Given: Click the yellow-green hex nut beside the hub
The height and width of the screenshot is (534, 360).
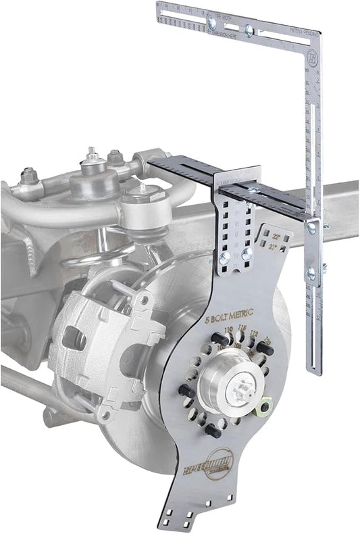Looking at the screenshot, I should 265,407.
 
